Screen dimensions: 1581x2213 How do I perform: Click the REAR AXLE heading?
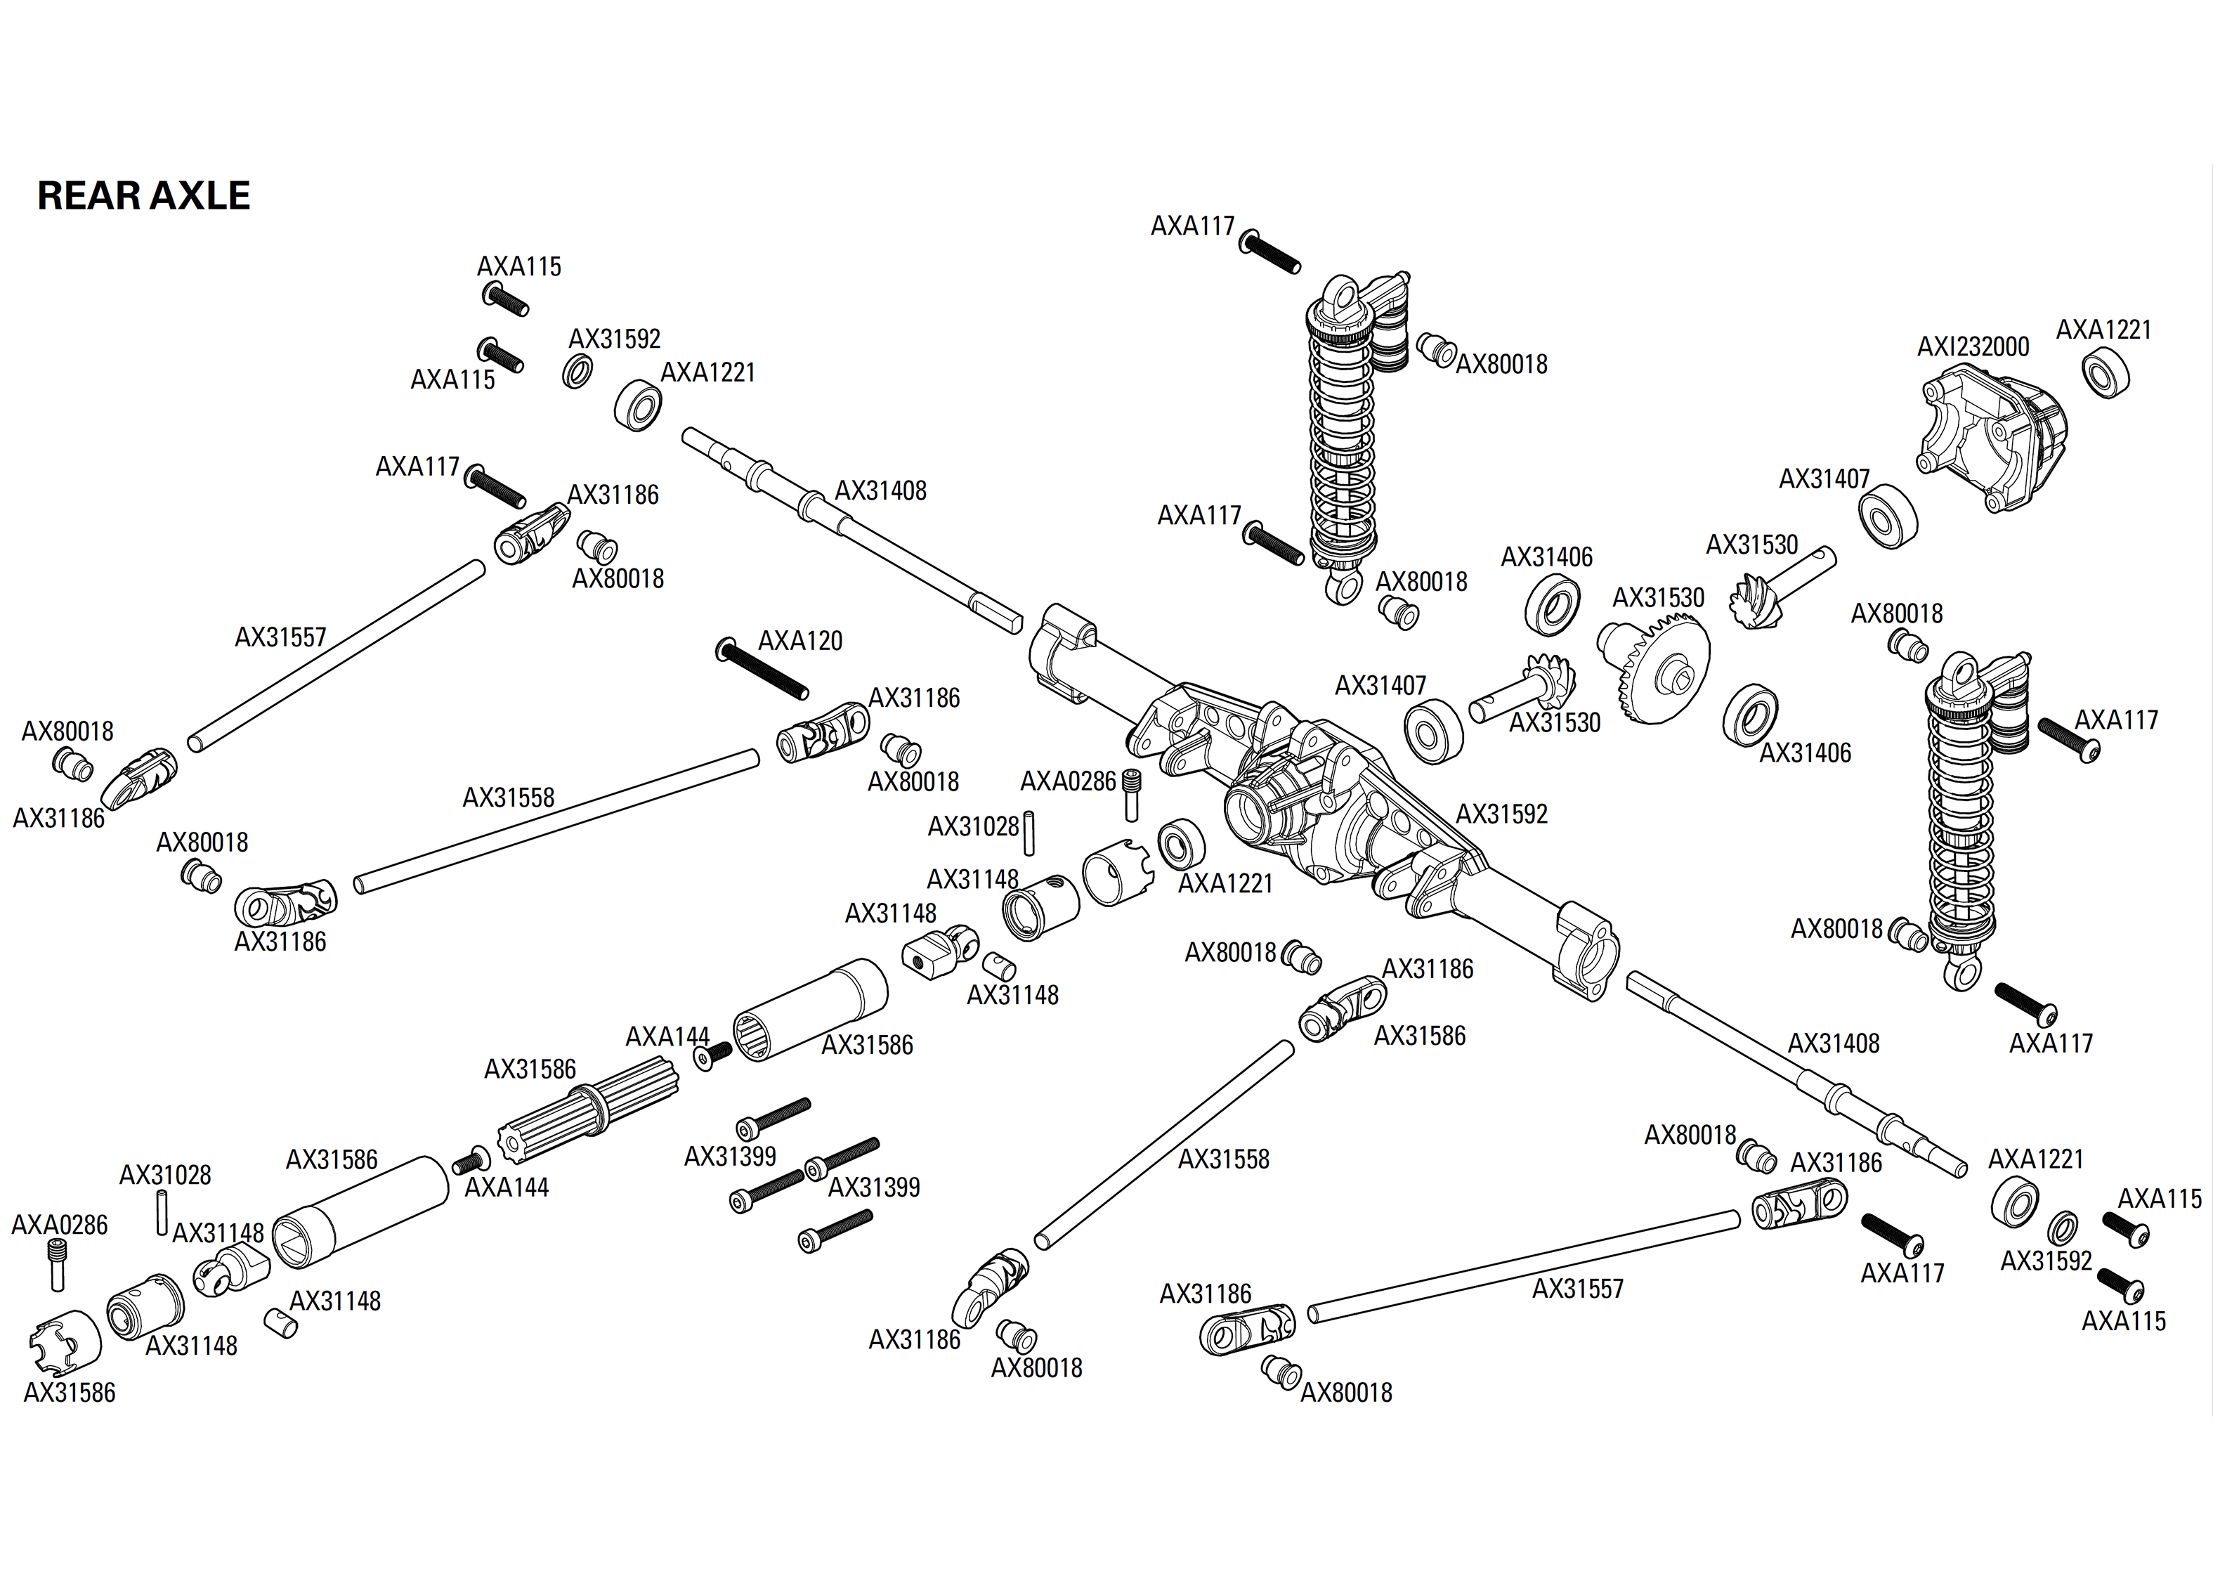pos(143,195)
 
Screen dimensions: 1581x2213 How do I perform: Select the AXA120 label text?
pos(800,641)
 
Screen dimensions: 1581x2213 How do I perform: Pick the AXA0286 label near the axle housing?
pos(1068,782)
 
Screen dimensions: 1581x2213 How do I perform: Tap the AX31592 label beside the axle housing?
pos(1501,814)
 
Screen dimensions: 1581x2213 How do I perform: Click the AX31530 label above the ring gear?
pos(1658,598)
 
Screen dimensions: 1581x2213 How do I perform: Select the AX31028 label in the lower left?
pos(164,1175)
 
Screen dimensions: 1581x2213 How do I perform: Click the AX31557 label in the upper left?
pos(280,637)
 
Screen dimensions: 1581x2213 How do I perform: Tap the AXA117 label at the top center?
pos(1192,226)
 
